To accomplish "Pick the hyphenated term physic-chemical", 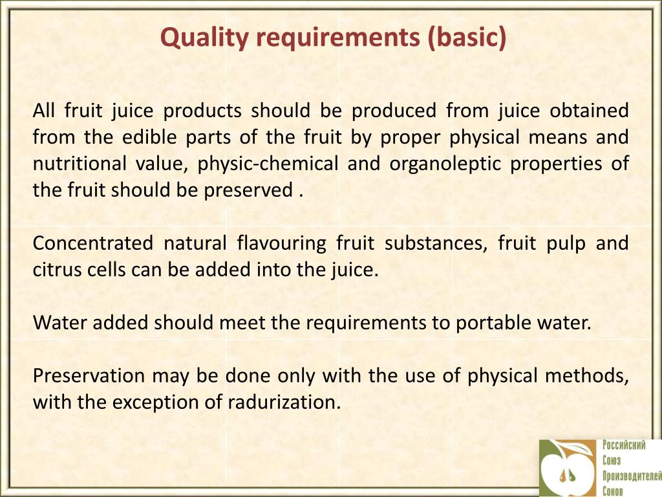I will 268,164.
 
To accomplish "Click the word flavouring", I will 281,243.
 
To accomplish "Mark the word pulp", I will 561,243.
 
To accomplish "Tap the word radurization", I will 284,402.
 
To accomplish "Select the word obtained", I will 589,111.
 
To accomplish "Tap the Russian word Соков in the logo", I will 614,491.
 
